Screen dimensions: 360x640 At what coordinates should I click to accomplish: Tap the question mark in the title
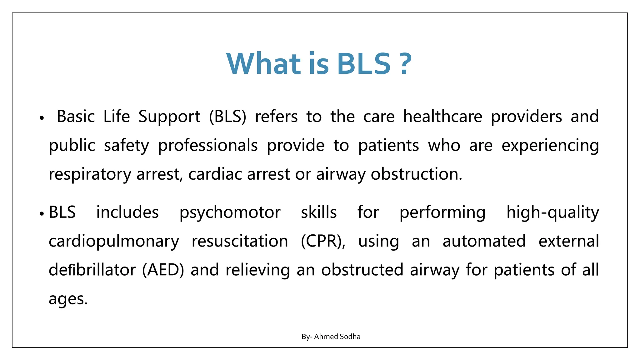tap(405, 64)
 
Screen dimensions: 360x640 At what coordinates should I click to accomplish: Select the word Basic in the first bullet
tap(76, 117)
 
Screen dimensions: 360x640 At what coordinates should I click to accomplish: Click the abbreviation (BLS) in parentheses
tap(227, 117)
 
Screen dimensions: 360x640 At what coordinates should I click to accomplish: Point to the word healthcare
tap(442, 117)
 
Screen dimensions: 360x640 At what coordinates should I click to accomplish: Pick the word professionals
tap(208, 146)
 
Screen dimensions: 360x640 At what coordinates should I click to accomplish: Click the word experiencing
tap(550, 146)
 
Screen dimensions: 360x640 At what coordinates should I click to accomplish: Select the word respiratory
tap(90, 174)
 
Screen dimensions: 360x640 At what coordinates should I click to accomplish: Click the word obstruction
tap(416, 174)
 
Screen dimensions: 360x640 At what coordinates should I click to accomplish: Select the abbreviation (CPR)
tap(323, 241)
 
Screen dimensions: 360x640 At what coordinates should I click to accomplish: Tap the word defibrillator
tap(92, 270)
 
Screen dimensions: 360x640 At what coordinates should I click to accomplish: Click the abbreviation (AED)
tap(163, 270)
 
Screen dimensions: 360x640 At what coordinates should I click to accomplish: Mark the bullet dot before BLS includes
tap(42, 214)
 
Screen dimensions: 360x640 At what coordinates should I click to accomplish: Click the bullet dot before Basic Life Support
tap(42, 118)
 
